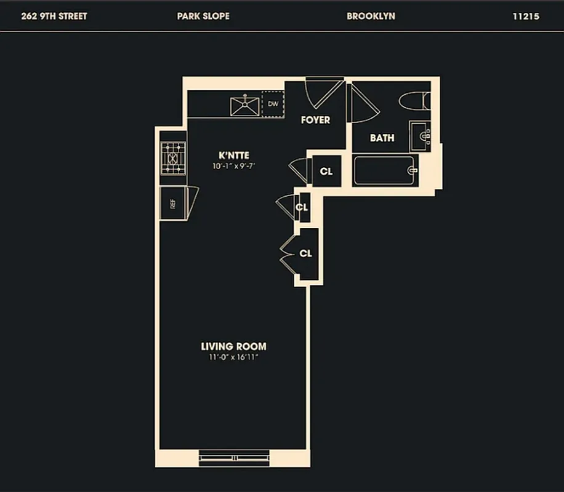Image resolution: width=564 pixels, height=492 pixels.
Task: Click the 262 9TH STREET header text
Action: coord(54,16)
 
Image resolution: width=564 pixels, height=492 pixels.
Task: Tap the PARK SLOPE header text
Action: coord(203,16)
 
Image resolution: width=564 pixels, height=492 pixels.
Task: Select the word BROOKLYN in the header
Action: coord(371,16)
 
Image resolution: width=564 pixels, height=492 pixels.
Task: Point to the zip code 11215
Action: coord(525,16)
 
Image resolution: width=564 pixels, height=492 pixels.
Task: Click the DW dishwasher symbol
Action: coord(273,104)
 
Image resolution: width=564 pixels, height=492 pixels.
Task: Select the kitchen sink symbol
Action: coord(245,105)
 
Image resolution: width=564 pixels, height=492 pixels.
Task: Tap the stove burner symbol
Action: coord(172,159)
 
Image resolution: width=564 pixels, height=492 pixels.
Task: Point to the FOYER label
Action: coord(315,120)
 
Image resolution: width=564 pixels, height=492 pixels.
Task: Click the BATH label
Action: coord(382,138)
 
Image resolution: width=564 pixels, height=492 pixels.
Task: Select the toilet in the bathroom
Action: coord(413,100)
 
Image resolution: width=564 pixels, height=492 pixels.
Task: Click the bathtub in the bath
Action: coord(385,170)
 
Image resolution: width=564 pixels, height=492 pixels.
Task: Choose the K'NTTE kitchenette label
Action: coord(234,156)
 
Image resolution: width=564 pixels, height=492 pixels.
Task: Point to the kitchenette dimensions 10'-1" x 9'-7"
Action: coord(234,166)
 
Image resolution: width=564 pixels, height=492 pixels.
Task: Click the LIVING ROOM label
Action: coord(233,346)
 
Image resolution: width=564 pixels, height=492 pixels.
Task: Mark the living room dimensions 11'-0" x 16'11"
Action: coord(233,357)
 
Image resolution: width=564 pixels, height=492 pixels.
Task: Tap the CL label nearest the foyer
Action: coord(326,172)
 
